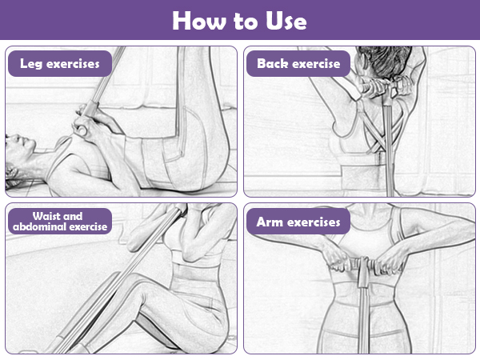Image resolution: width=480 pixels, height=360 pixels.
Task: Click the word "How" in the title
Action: coord(198,21)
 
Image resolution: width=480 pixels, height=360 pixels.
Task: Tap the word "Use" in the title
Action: coord(286,21)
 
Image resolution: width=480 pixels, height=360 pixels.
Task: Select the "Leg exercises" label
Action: coord(60,64)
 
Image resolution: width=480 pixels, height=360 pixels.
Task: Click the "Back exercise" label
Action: coord(298,64)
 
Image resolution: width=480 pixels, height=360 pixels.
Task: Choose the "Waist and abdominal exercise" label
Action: coord(60,222)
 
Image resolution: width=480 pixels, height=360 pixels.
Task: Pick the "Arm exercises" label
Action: coord(298,222)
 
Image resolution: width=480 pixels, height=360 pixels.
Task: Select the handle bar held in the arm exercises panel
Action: coord(364,266)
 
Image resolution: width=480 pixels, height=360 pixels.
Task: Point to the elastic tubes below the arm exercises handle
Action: coord(364,318)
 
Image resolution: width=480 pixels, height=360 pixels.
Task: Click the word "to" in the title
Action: coord(245,22)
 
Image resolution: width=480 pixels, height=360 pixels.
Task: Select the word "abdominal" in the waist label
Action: coord(41,227)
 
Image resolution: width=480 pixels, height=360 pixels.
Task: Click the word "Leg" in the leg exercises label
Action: coord(31,64)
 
